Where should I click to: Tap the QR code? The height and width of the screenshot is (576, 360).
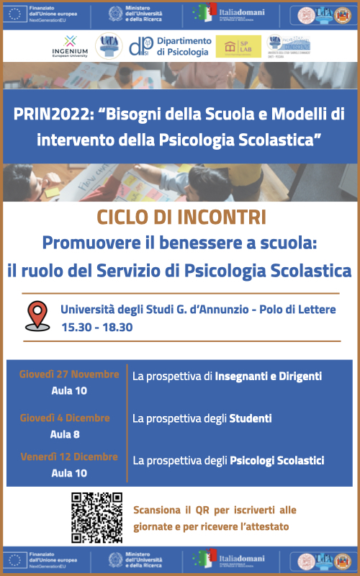pyautogui.click(x=96, y=518)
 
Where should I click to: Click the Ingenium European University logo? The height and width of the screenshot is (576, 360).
pyautogui.click(x=70, y=46)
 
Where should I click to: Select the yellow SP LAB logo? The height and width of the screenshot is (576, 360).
pyautogui.click(x=238, y=46)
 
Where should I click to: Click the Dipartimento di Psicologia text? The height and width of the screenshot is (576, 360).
pyautogui.click(x=184, y=47)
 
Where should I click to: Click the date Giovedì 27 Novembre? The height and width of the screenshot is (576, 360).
pyautogui.click(x=69, y=374)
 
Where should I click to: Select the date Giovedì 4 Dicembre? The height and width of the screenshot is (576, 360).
pyautogui.click(x=65, y=418)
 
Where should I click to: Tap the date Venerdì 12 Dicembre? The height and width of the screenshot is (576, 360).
pyautogui.click(x=69, y=456)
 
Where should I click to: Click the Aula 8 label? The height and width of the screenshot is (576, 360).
pyautogui.click(x=65, y=434)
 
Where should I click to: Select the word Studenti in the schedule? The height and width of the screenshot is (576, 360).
pyautogui.click(x=250, y=418)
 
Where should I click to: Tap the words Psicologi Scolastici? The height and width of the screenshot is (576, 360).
pyautogui.click(x=277, y=460)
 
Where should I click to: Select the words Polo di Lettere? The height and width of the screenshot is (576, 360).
pyautogui.click(x=306, y=310)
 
